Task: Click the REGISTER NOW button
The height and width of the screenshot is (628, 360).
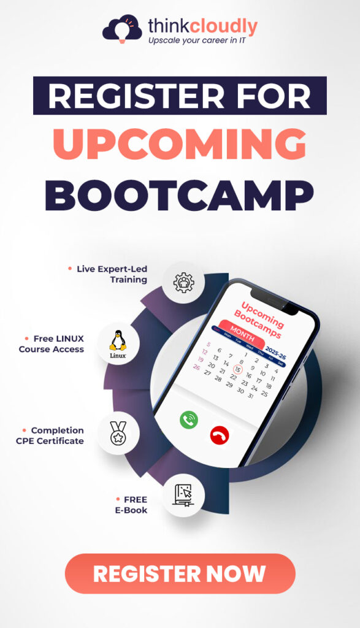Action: pos(180,573)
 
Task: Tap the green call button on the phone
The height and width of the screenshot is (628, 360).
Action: pos(189,419)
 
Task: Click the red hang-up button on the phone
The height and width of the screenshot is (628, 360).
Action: pos(218,435)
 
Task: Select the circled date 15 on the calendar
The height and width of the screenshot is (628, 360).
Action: pos(238,369)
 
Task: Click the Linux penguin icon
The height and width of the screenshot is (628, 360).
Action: pos(118,343)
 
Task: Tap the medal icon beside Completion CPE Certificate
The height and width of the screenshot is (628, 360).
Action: pos(118,433)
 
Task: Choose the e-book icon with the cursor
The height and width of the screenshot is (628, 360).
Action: pos(183,495)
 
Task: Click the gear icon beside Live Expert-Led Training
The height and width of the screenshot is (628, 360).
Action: pos(183,281)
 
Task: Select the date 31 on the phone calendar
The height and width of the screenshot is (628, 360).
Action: pos(249,396)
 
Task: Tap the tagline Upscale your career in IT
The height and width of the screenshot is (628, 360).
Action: pos(201,40)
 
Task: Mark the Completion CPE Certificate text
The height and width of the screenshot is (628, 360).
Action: pos(52,435)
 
